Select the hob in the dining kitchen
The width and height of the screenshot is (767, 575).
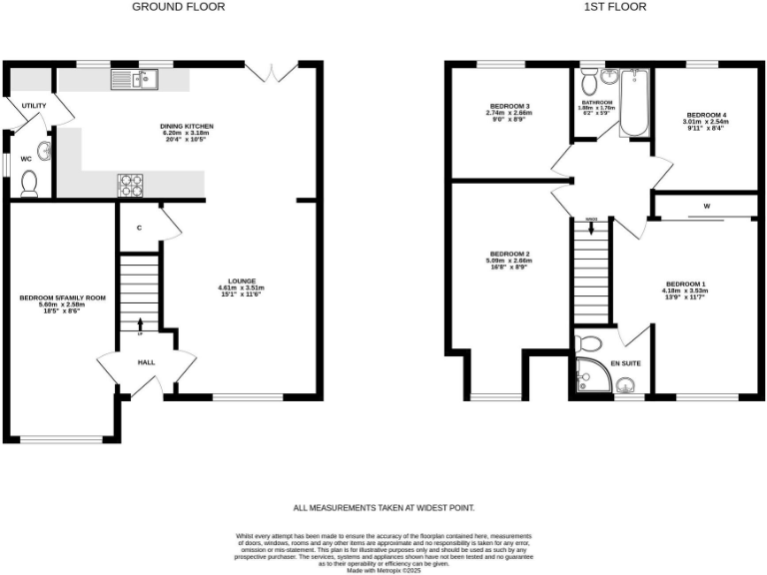point(131,183)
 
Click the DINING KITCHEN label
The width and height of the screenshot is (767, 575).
point(187,127)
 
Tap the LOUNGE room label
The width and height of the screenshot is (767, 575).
point(242,281)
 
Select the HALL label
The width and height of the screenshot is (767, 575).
point(146,363)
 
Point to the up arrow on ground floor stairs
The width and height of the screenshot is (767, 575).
point(139,321)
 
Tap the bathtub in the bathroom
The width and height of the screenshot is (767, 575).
point(634,102)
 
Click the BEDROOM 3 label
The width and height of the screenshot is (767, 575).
point(509,106)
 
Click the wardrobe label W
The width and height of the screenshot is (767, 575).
point(705,208)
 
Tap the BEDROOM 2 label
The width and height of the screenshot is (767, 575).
point(509,253)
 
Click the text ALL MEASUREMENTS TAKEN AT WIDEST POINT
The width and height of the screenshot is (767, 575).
point(383,508)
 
